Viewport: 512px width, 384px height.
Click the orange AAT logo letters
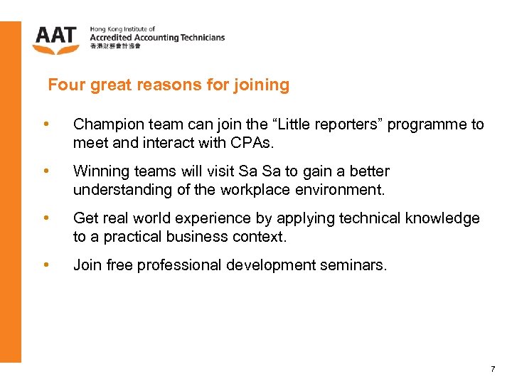point(55,35)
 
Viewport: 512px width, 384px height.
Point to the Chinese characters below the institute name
point(115,47)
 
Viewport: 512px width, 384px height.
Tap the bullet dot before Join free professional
point(46,265)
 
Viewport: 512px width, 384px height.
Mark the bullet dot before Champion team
point(46,124)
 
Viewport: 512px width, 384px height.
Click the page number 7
point(492,368)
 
